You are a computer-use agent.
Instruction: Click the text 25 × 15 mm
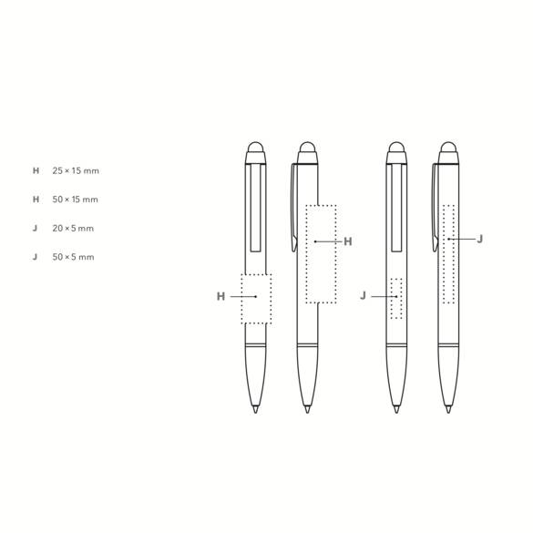point(76,171)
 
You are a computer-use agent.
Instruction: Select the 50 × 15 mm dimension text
point(76,200)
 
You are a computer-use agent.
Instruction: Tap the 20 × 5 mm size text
point(74,229)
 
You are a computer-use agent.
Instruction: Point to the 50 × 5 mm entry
point(74,258)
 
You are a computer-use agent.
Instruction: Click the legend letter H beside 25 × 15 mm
point(36,171)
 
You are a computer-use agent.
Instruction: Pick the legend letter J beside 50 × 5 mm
point(36,258)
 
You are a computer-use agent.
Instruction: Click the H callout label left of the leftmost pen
point(220,296)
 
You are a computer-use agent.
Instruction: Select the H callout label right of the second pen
point(347,241)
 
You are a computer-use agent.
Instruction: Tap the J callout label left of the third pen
point(364,296)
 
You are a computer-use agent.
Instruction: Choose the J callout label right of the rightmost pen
point(480,239)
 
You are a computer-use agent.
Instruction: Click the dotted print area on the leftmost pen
point(256,298)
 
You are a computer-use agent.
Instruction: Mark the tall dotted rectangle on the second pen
point(321,253)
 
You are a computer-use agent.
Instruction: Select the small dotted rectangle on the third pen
point(395,297)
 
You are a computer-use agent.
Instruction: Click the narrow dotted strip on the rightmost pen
point(448,252)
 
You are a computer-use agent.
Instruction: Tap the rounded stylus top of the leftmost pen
point(256,148)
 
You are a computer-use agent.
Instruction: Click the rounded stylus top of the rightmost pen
point(448,148)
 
